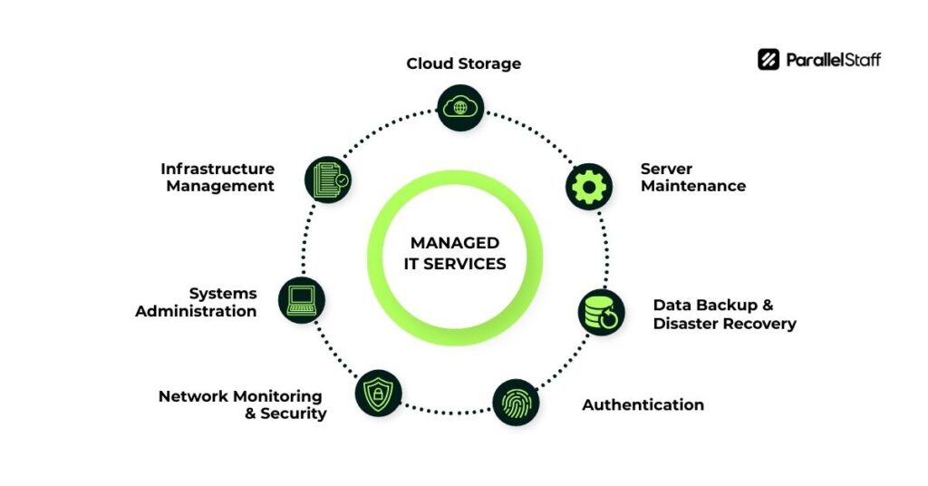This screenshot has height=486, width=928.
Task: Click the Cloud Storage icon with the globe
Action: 460,107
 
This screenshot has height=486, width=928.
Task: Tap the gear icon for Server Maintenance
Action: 589,186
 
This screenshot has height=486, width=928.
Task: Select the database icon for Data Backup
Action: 601,313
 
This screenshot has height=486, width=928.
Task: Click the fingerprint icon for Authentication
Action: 516,403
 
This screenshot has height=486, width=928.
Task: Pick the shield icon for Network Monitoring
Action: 378,393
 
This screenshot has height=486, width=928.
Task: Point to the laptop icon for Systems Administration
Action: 302,299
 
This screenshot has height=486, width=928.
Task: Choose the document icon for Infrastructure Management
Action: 327,179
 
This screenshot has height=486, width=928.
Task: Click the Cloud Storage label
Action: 463,63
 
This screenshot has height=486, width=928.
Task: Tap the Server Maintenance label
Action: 693,177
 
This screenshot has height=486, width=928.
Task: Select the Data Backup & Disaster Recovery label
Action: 724,314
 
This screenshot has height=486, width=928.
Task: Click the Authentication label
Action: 643,404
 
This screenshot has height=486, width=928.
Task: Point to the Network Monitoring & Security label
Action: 242,404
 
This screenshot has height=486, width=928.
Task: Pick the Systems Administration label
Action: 197,302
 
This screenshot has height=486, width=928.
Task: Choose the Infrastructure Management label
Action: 217,177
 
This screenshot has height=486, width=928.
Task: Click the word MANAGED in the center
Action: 455,242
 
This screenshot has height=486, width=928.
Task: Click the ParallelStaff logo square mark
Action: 768,60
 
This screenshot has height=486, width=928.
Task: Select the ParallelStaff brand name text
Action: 832,60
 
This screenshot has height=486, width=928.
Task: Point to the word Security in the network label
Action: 294,413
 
